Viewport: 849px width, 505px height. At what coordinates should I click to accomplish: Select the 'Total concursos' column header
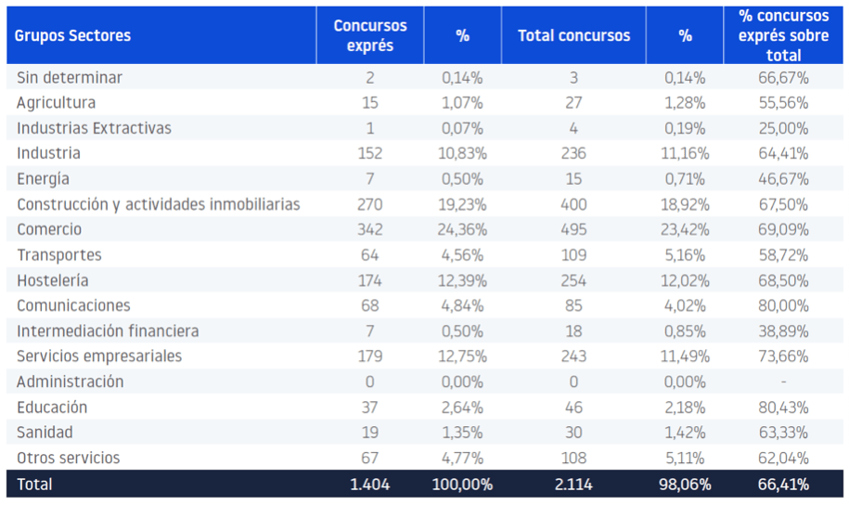pos(573,36)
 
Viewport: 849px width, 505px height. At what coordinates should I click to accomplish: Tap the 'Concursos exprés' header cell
pos(369,36)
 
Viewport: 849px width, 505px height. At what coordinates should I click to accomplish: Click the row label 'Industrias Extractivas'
pos(94,128)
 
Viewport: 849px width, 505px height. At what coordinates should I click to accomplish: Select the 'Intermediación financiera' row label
pos(108,331)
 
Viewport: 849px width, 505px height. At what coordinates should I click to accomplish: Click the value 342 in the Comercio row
pos(369,229)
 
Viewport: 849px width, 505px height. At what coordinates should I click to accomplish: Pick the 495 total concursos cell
pos(573,229)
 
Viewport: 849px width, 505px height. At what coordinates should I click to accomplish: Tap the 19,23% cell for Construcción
pos(462,204)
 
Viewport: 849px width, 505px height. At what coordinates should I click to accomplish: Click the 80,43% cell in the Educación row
pos(783,408)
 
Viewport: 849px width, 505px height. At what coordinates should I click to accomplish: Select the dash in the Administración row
pos(783,382)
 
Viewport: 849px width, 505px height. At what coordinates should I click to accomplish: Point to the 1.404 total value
pos(369,484)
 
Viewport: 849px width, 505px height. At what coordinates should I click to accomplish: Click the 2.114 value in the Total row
pos(573,484)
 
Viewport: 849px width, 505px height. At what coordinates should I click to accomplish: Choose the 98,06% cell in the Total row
pos(685,484)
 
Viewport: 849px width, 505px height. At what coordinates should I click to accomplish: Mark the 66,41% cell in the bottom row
pos(783,484)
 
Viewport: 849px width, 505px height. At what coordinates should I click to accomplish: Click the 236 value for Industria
pos(573,153)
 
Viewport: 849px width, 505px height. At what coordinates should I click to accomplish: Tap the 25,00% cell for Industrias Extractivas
pos(783,128)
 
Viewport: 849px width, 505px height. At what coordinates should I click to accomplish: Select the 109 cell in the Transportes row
pos(573,255)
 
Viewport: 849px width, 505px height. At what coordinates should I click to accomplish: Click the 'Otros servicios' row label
pos(69,458)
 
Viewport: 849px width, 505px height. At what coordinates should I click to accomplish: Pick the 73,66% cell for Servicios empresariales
pos(783,356)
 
